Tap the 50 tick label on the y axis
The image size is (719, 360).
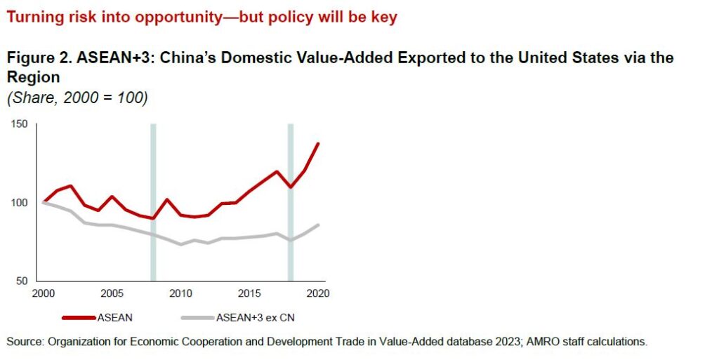[22, 280]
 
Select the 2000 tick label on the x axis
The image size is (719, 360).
[44, 293]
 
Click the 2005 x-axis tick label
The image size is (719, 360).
[112, 293]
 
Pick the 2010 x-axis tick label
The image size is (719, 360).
[180, 293]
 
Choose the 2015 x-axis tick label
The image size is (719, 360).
[249, 293]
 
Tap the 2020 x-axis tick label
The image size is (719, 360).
[317, 293]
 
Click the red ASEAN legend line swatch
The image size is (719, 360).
[79, 317]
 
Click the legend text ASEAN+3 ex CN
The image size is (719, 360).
[256, 317]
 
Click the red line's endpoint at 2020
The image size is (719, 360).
[318, 143]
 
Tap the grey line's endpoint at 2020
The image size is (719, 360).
[318, 225]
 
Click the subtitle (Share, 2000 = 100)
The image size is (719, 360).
[77, 98]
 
